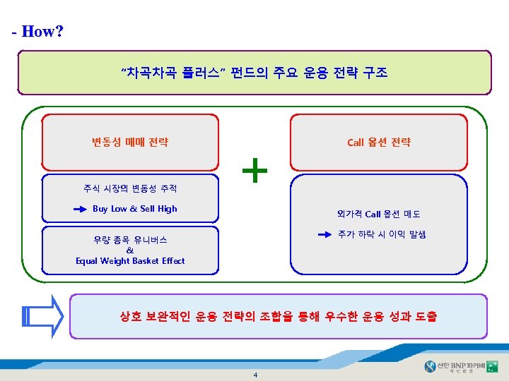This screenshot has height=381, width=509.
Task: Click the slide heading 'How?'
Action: click(42, 31)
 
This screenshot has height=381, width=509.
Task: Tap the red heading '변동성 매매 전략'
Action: click(130, 142)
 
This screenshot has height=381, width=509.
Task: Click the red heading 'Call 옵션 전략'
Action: click(378, 142)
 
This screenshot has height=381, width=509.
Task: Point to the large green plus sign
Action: click(255, 170)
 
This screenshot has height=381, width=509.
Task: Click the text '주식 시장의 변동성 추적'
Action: click(130, 188)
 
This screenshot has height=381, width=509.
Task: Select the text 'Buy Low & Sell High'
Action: click(134, 209)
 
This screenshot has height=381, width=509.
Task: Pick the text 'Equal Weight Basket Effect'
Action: click(130, 261)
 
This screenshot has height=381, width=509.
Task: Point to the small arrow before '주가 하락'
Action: click(324, 234)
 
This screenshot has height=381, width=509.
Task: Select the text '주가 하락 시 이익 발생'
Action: click(381, 234)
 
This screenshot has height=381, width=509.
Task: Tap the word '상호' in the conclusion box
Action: click(132, 317)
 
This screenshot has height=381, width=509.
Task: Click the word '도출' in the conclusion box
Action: click(423, 317)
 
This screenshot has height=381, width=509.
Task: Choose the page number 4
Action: click(255, 374)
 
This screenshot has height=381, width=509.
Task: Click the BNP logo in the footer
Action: click(460, 366)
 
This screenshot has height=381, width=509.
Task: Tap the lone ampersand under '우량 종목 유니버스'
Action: click(129, 250)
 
